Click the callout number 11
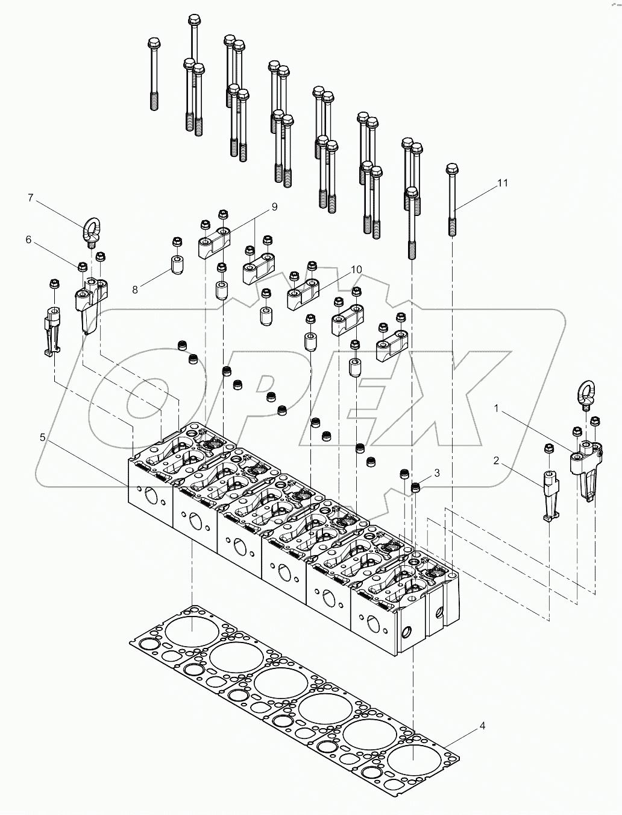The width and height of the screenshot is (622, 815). tap(503, 183)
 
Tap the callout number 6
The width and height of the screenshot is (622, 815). tap(28, 239)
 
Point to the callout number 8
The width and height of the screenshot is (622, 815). tap(134, 290)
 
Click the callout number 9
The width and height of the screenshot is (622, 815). tap(274, 207)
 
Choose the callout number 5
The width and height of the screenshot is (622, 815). tap(42, 437)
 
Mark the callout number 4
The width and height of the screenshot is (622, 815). tap(482, 726)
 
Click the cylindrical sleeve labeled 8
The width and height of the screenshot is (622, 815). tap(177, 264)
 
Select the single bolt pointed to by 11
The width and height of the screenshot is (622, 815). tap(453, 199)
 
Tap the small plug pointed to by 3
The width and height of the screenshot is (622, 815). tap(416, 487)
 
